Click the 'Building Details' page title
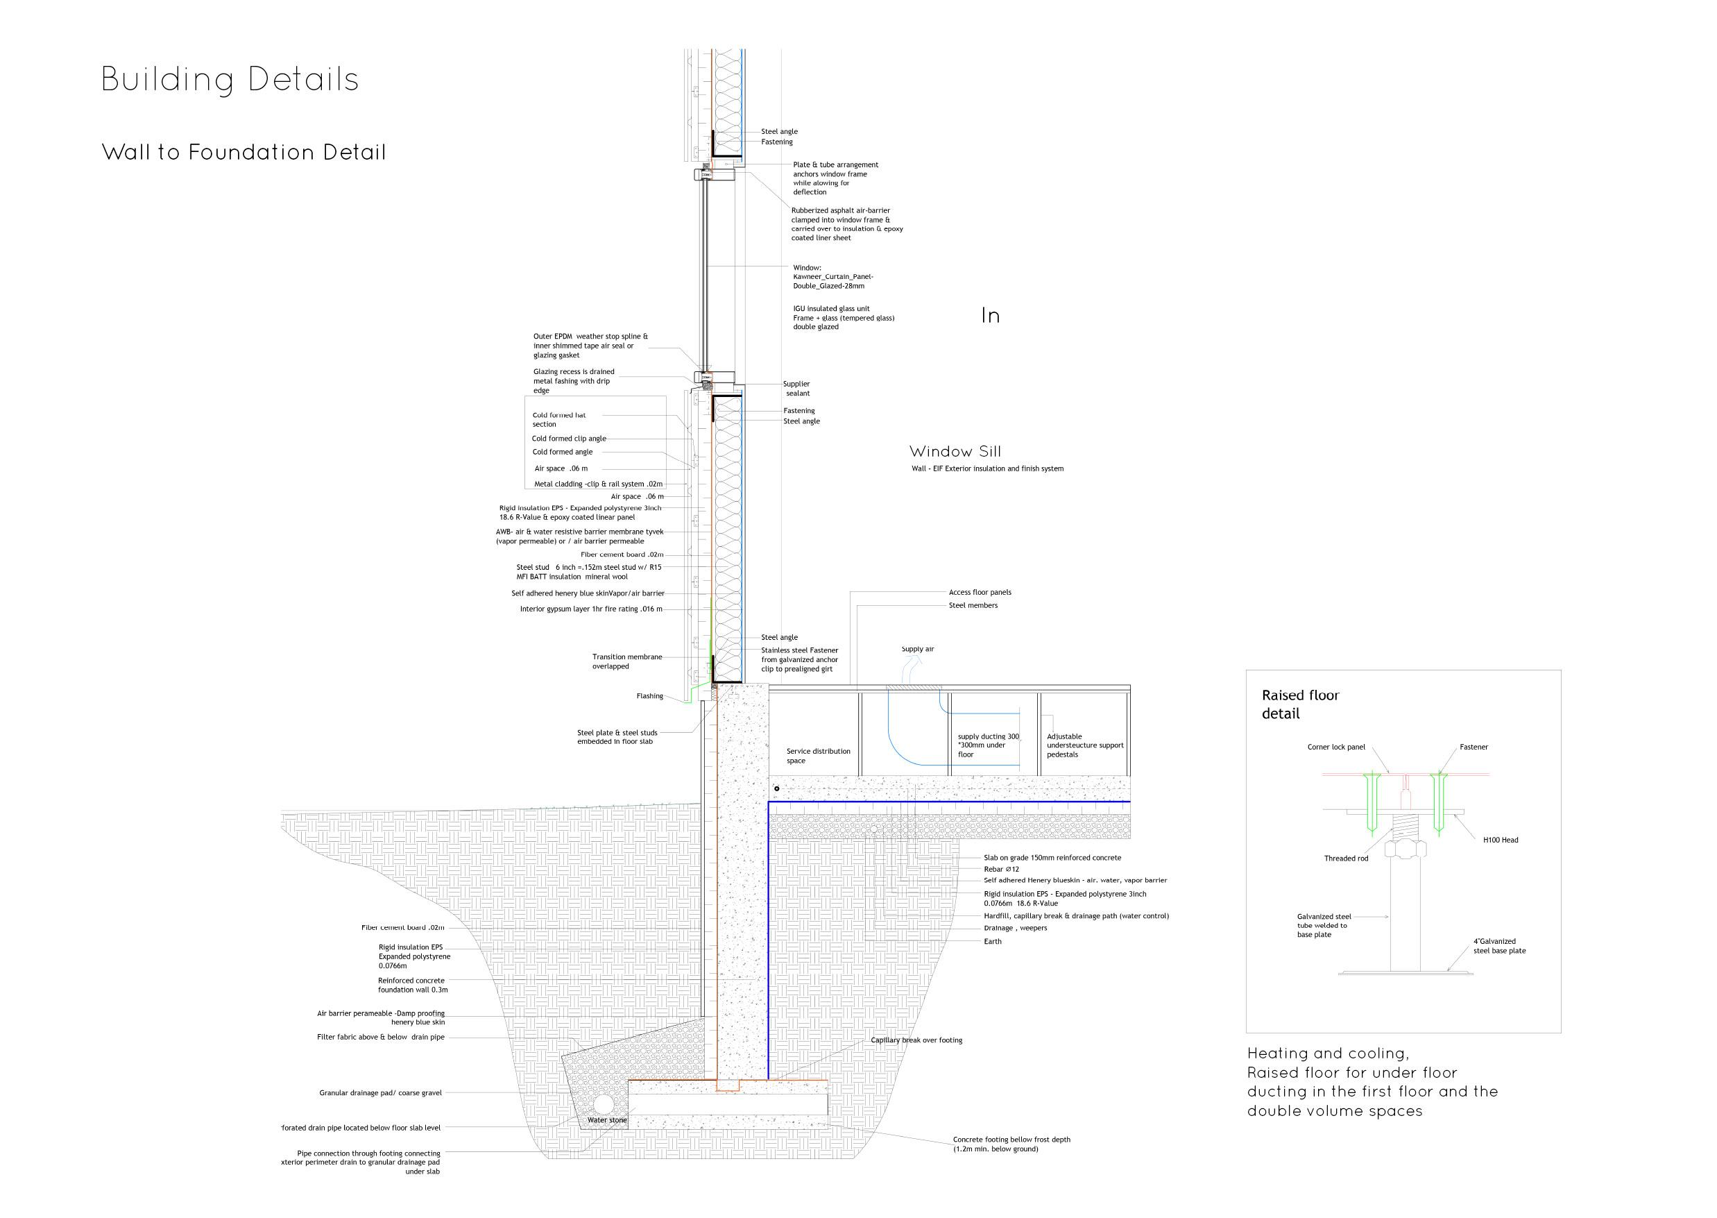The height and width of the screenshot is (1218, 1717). click(230, 81)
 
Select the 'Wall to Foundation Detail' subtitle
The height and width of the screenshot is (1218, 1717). click(244, 152)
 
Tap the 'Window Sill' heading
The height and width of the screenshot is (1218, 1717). click(955, 452)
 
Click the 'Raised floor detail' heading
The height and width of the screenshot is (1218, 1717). click(1299, 704)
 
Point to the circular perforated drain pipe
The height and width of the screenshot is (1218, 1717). click(604, 1105)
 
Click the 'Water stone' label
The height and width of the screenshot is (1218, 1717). click(606, 1119)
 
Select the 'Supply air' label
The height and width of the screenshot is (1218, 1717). click(918, 649)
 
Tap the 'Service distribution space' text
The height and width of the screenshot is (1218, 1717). click(818, 755)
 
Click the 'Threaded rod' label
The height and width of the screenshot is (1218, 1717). click(1346, 858)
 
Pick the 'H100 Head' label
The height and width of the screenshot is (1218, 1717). click(1501, 840)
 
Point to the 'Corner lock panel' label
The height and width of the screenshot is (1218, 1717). click(1336, 747)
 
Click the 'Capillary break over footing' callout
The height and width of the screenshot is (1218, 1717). click(916, 1040)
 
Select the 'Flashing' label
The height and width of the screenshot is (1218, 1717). click(649, 696)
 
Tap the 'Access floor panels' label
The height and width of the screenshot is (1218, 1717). click(980, 593)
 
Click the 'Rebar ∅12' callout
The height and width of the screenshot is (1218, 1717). click(1001, 869)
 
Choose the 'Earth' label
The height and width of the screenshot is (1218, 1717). click(992, 941)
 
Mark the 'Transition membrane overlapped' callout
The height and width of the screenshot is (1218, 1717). click(627, 661)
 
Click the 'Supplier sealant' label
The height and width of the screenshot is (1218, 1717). click(796, 389)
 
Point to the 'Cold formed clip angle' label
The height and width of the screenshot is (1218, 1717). click(569, 439)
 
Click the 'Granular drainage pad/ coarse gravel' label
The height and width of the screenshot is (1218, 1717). click(380, 1093)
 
